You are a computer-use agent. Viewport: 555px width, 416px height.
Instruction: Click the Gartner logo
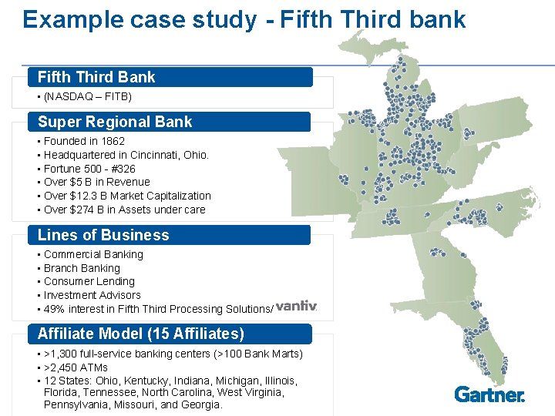coord(489,394)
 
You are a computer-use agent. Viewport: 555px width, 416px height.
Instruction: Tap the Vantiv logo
coord(296,306)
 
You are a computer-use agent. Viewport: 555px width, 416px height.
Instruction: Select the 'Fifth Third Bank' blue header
coord(96,77)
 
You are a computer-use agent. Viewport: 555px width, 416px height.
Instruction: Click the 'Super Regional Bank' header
coord(115,122)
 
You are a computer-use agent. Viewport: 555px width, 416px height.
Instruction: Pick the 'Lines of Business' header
coord(103,235)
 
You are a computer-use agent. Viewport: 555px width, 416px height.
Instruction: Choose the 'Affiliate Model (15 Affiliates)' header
coord(141,334)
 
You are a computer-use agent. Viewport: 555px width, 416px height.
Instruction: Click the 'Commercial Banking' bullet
coord(93,254)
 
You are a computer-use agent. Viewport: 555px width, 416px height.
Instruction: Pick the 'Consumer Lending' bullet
coord(89,281)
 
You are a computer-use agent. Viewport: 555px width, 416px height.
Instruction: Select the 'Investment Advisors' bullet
coord(92,295)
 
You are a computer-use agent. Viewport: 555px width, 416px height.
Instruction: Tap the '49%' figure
coord(55,309)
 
